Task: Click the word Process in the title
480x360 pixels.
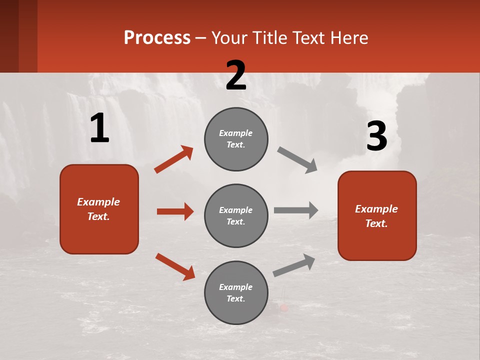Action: tap(157, 38)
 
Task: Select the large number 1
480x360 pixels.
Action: tap(99, 128)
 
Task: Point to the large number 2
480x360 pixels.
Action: tap(236, 75)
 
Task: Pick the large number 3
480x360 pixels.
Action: tap(376, 136)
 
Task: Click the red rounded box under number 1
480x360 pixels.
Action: tap(99, 209)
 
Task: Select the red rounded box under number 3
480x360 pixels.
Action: tap(377, 215)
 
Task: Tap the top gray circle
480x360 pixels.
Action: tap(236, 139)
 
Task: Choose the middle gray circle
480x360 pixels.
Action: tap(236, 215)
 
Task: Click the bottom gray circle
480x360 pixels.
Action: tap(236, 292)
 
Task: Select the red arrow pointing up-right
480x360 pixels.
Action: tap(173, 159)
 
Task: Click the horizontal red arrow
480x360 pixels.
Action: tap(175, 211)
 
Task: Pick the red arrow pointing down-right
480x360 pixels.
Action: tap(175, 266)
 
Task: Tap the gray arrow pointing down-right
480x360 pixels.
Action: tap(297, 160)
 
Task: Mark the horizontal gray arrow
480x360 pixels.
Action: tap(296, 210)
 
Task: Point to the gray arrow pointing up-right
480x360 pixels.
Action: tap(294, 265)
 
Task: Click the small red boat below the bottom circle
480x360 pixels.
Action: tap(284, 307)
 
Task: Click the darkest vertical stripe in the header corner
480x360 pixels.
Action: tap(9, 36)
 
